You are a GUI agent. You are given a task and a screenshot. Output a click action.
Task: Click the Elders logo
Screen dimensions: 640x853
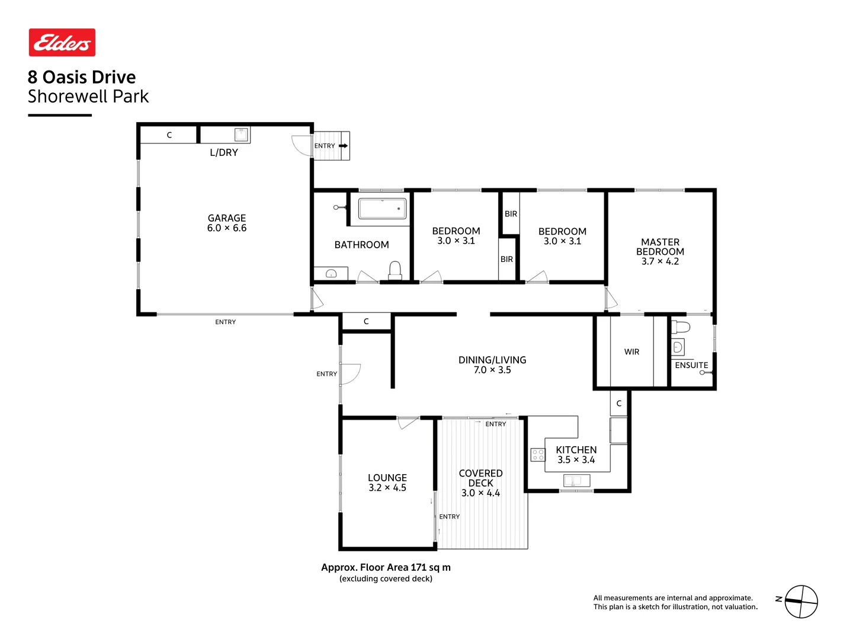(x=62, y=43)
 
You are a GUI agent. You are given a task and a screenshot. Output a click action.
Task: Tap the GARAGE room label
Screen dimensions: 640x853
(x=227, y=218)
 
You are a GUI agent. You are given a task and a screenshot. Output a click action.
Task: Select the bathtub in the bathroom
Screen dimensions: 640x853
(x=383, y=209)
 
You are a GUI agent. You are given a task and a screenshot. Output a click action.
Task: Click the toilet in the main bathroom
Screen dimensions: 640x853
(x=395, y=270)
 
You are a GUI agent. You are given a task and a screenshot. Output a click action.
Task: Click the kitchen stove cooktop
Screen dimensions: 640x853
(x=538, y=455)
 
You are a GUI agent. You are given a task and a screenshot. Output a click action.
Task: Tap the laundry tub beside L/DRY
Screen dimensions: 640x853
(x=242, y=135)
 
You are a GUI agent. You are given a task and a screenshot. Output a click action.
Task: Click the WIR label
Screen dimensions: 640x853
(x=632, y=352)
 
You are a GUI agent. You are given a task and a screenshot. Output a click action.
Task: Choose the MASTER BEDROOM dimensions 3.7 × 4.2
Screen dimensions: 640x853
(x=660, y=261)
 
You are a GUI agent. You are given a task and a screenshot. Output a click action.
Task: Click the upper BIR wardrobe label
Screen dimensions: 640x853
(x=511, y=214)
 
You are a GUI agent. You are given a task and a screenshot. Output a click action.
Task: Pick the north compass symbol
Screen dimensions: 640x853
(x=801, y=601)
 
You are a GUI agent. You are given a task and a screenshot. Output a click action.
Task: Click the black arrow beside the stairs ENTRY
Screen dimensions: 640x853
(x=343, y=146)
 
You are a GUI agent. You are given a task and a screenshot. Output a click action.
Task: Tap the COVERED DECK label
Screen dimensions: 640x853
(x=480, y=478)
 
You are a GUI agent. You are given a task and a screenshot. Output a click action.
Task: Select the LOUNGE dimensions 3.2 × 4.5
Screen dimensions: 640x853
(x=387, y=488)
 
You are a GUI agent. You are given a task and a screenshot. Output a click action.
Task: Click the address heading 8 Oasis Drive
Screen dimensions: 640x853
(x=82, y=77)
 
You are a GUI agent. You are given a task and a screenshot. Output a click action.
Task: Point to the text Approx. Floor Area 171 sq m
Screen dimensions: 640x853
(x=386, y=567)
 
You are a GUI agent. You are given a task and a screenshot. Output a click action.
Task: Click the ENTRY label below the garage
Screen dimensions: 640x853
(x=225, y=322)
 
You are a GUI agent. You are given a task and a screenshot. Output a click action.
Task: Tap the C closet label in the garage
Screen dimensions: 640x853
(x=169, y=135)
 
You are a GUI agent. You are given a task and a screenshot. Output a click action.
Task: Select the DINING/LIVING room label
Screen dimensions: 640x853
(x=492, y=360)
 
